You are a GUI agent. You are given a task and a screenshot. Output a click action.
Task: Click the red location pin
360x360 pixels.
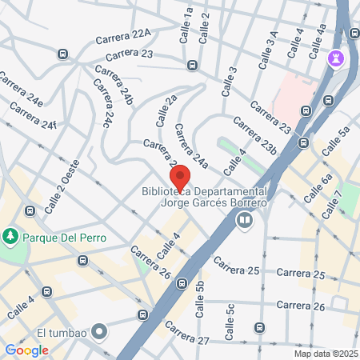[179, 177]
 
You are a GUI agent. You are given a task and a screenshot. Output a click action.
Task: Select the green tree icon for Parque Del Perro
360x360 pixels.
[10, 237]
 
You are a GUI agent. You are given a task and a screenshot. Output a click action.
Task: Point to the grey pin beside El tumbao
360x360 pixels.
[99, 330]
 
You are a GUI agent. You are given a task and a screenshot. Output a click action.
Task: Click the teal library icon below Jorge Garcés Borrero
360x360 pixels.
[244, 218]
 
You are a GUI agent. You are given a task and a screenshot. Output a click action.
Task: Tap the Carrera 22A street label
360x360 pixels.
[123, 35]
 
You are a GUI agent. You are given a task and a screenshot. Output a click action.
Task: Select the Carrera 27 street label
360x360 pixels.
[187, 341]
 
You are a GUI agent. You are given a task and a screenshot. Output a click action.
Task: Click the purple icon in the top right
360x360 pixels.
[335, 58]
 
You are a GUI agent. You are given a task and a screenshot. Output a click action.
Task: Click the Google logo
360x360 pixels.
[27, 350]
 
